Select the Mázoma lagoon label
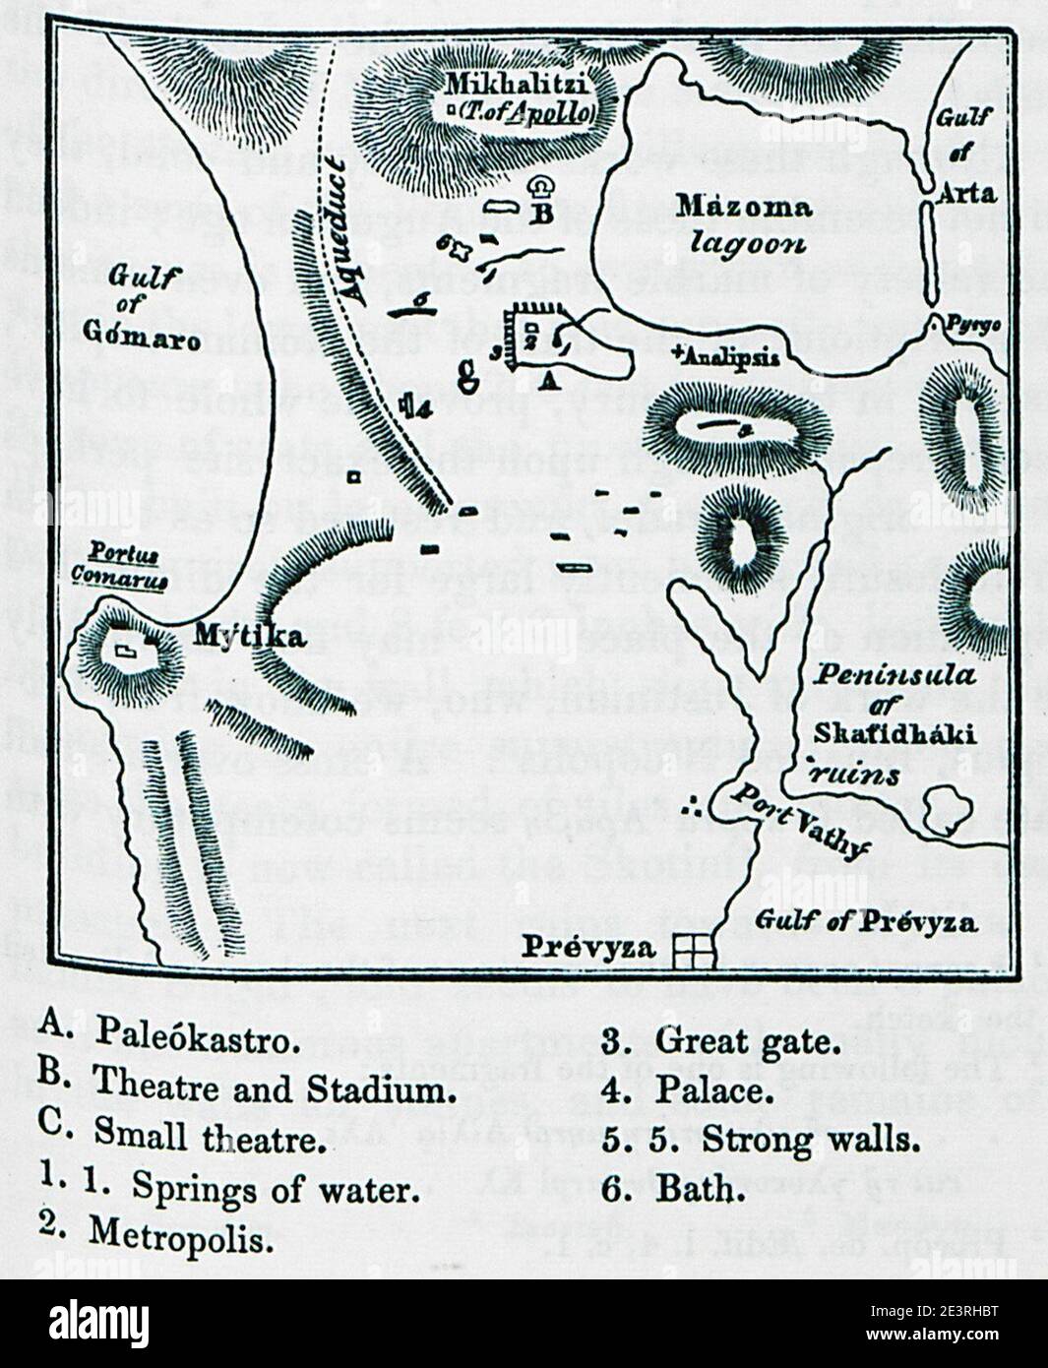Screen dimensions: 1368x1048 (x=745, y=224)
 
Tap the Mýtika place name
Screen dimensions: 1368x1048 (x=250, y=637)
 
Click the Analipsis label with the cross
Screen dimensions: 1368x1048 (x=727, y=356)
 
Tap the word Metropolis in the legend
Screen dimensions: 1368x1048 (x=181, y=1234)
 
